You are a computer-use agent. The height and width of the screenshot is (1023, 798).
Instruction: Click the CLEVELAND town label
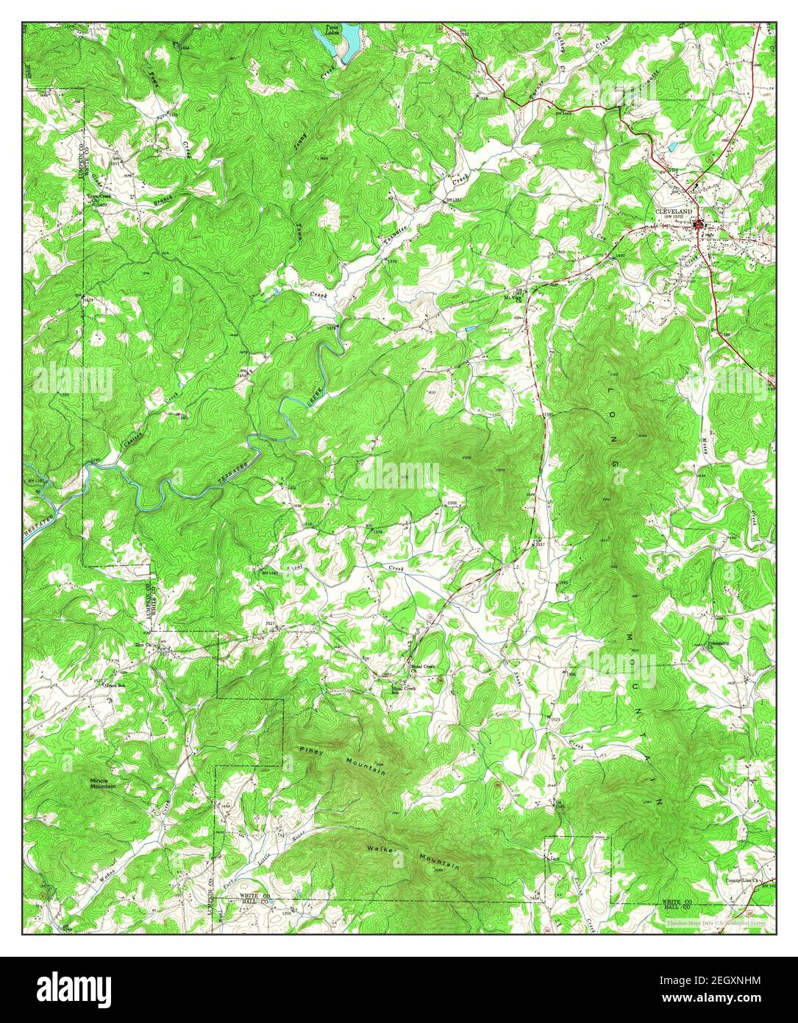[674, 210]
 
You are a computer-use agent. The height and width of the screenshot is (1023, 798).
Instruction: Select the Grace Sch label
[114, 684]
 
